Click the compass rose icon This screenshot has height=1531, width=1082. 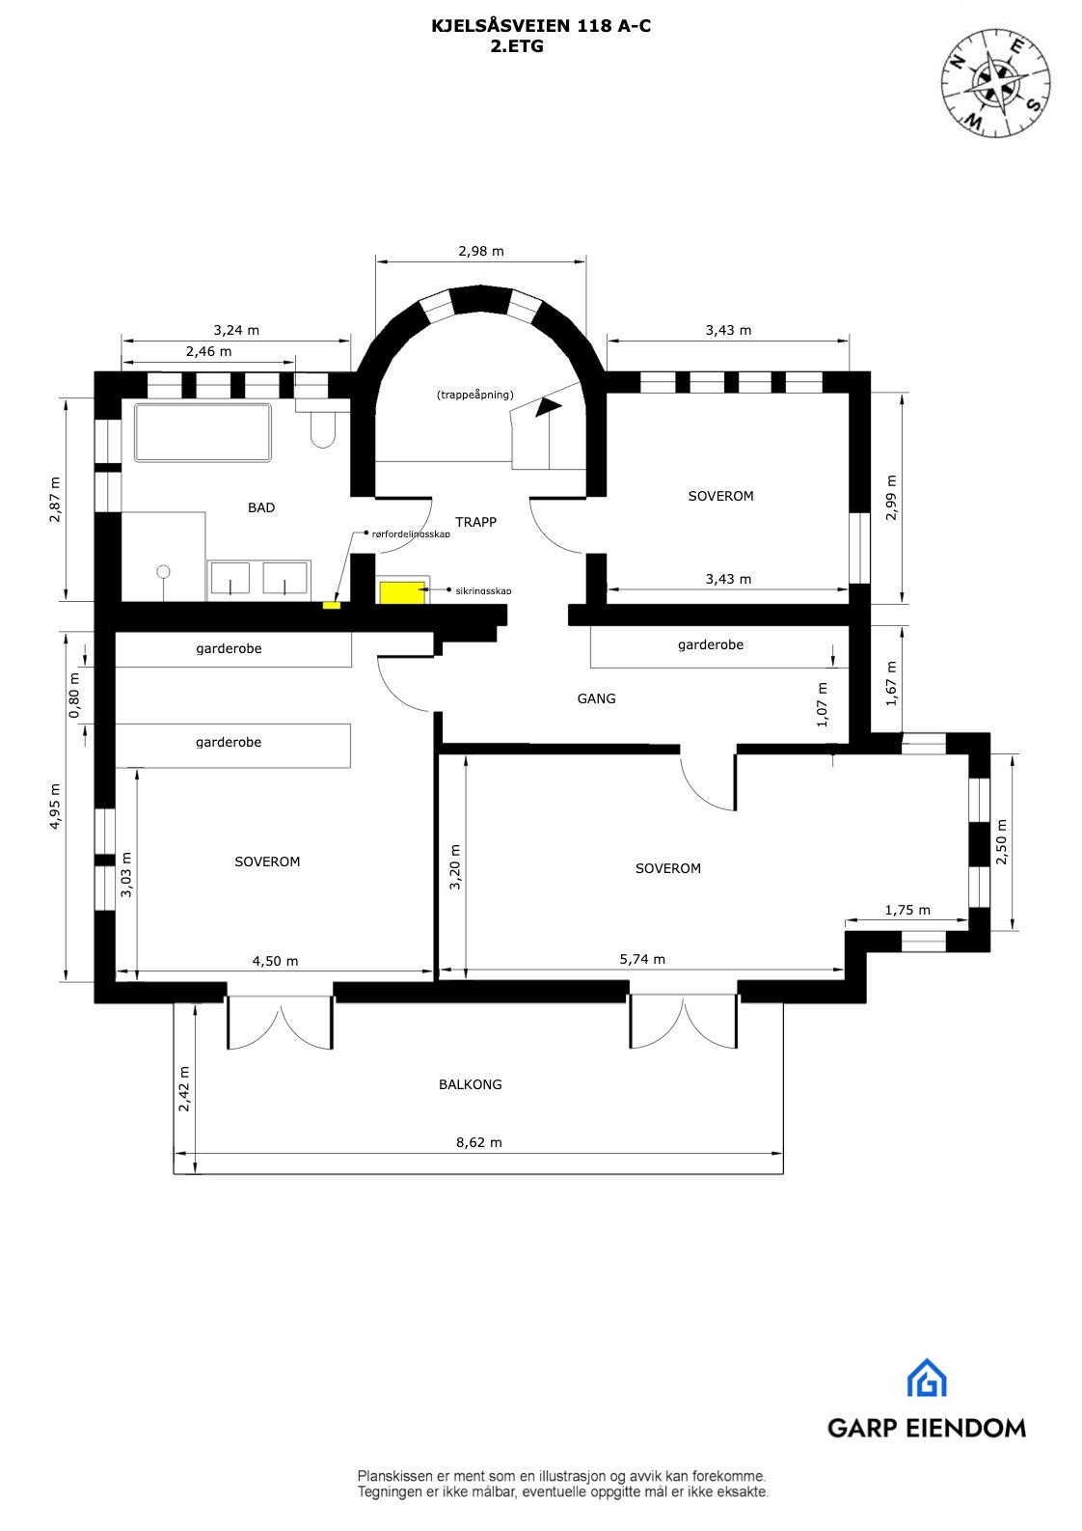click(x=995, y=82)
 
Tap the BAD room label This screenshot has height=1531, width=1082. click(x=261, y=507)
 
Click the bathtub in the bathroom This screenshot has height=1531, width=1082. click(x=203, y=433)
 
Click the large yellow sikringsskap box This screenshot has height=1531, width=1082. click(x=396, y=591)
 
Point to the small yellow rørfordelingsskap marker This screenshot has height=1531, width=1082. click(x=331, y=605)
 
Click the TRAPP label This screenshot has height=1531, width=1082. click(x=475, y=522)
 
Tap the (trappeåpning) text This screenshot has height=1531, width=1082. click(x=474, y=396)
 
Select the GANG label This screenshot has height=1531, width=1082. click(x=596, y=698)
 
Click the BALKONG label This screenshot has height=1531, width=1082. click(x=471, y=1084)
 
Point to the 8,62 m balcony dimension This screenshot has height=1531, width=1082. click(x=479, y=1142)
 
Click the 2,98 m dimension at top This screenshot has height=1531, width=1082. click(x=481, y=251)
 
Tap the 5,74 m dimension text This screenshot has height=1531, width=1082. click(x=642, y=959)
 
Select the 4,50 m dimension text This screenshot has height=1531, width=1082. click(x=275, y=961)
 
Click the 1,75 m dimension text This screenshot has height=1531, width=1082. click(x=907, y=910)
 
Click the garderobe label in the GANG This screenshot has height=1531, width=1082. click(x=711, y=644)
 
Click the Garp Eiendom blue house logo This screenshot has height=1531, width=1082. click(x=926, y=1379)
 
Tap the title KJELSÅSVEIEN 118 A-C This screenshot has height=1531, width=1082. click(x=541, y=27)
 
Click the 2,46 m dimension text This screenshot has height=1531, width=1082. click(x=209, y=351)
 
